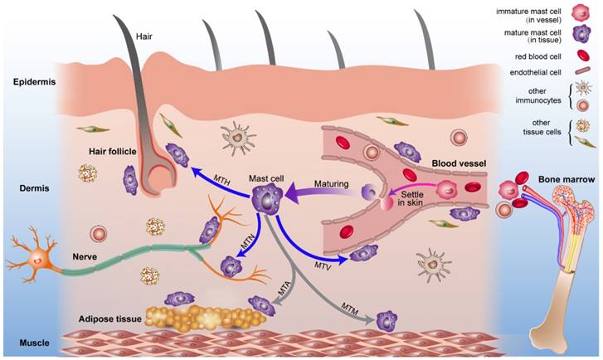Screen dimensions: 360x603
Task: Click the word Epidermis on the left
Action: point(33,82)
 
